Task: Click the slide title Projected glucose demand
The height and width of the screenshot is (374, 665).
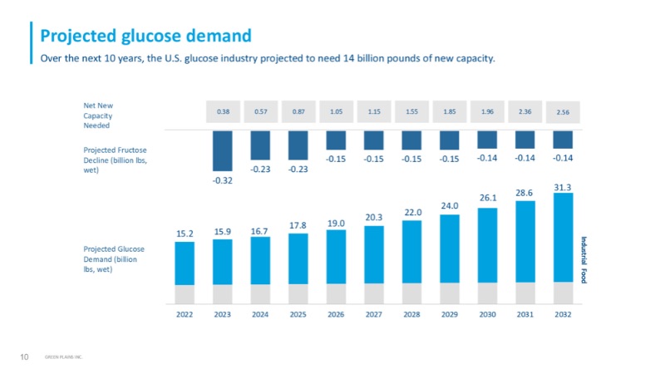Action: tap(145, 36)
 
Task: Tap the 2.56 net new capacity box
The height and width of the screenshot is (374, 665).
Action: tap(563, 111)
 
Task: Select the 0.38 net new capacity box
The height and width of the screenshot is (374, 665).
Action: tap(222, 111)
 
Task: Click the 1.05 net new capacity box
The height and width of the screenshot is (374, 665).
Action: tap(336, 111)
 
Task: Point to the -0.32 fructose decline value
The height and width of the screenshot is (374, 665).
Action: tap(222, 180)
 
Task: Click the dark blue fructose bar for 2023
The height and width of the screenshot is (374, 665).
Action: tap(222, 150)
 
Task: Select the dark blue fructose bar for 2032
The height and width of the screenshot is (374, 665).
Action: tap(563, 139)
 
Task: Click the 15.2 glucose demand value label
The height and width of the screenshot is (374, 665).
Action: tap(184, 234)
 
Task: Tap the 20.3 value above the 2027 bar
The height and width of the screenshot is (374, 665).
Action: tap(373, 218)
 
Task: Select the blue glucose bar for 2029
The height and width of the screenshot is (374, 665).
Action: tap(449, 249)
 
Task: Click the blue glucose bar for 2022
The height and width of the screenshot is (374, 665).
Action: tap(184, 263)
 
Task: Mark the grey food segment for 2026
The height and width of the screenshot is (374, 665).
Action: tap(336, 293)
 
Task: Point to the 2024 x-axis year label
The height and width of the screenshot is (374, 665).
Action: tap(260, 315)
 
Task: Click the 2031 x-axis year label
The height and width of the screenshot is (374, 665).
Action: tap(525, 315)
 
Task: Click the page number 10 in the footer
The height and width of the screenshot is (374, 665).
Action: tap(24, 357)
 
